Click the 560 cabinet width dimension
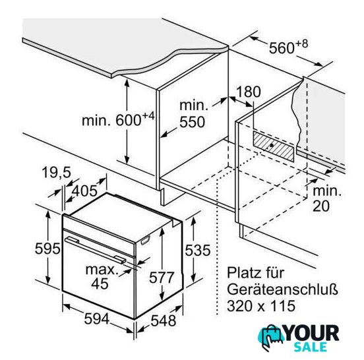click(288, 47)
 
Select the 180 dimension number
click(248, 92)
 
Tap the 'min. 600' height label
click(118, 119)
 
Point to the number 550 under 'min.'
click(192, 122)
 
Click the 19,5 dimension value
click(57, 172)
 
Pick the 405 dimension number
click(84, 191)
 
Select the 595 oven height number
click(47, 249)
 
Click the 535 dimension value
click(198, 250)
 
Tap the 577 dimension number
click(162, 277)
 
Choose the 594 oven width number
click(96, 318)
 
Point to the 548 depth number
click(164, 321)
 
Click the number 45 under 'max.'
click(100, 283)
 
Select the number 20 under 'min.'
click(321, 206)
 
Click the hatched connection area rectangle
click(273, 146)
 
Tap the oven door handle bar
click(96, 251)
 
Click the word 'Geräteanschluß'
click(282, 289)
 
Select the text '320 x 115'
click(261, 306)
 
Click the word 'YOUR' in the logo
click(311, 334)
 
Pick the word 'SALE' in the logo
click(310, 347)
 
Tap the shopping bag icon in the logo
click(270, 338)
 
